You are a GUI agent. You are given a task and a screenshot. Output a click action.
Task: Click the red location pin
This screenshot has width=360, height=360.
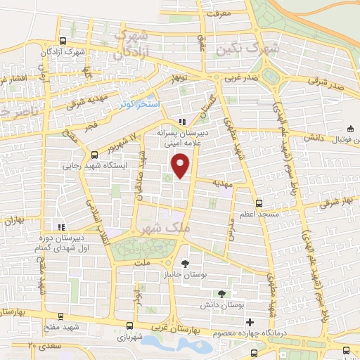(x=181, y=165)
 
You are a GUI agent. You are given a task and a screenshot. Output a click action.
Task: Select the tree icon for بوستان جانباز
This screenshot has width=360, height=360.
(x=185, y=264)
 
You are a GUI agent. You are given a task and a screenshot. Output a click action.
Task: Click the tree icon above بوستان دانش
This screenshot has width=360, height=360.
(x=222, y=293)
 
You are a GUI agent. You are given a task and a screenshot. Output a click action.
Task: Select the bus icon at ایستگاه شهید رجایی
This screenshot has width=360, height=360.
(x=95, y=155)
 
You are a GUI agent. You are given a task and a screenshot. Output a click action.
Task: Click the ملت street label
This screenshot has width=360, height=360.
(x=143, y=263)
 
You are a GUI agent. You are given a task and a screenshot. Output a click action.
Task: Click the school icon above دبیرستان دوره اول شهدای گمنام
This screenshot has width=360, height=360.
(x=61, y=227)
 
